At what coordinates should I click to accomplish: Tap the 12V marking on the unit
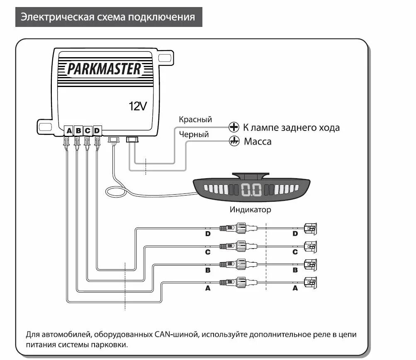point(138,106)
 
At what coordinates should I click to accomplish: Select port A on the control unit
point(69,131)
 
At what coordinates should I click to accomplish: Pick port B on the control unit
point(78,131)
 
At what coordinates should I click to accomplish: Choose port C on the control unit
point(88,131)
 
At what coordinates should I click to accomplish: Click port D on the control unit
point(97,131)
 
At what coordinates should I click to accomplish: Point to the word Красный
point(195,119)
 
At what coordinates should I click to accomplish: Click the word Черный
point(194,134)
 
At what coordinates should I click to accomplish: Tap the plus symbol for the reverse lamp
point(234,127)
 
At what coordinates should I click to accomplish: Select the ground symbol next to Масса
point(234,141)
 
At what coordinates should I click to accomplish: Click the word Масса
point(258,142)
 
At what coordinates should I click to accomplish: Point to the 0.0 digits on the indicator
point(251,190)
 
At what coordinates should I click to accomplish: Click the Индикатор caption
point(251,210)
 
